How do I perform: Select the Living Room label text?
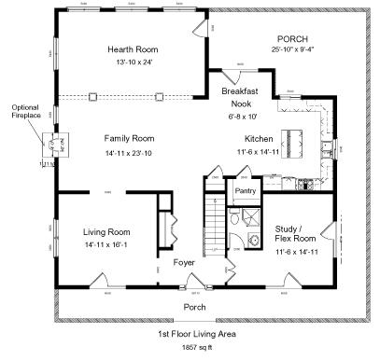pos(105,231)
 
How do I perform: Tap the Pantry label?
pos(246,191)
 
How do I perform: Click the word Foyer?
pos(184,263)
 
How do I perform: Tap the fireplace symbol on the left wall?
pos(51,145)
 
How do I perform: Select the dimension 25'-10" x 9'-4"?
pos(293,50)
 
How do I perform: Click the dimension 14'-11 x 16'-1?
pos(105,244)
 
